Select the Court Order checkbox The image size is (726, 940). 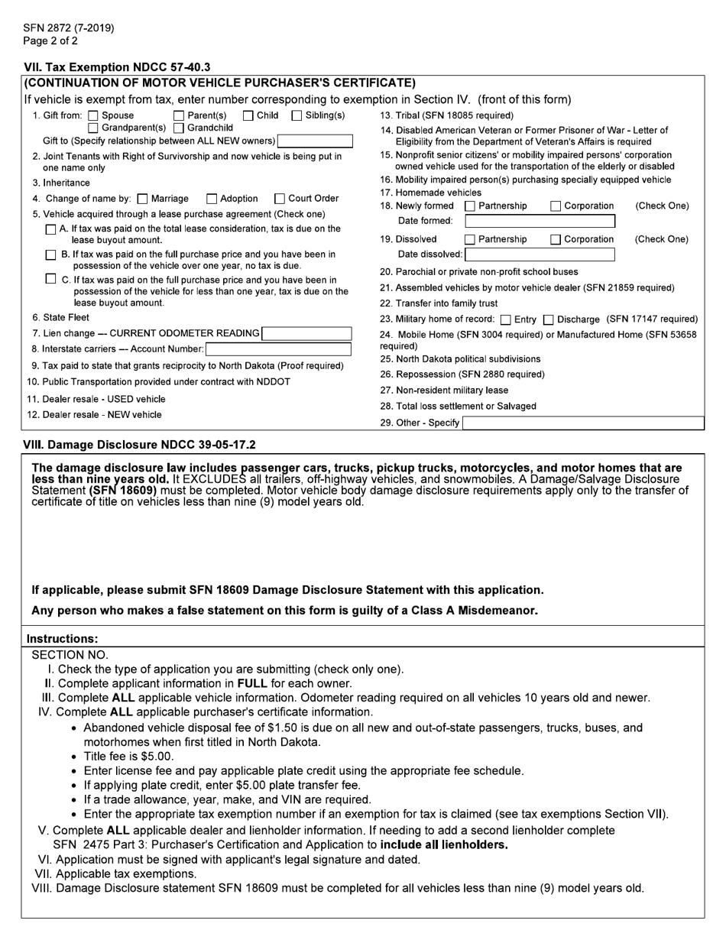(280, 199)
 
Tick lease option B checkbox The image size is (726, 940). (51, 254)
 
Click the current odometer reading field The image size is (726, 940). (306, 333)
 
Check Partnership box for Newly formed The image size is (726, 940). (471, 206)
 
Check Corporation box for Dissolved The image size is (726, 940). (556, 240)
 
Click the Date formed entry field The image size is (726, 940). (540, 222)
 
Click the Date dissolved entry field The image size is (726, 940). (540, 254)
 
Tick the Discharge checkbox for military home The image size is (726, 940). (548, 319)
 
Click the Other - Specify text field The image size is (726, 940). (582, 423)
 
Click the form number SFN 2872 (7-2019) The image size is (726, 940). (69, 28)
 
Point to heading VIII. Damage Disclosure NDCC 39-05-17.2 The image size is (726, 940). (140, 445)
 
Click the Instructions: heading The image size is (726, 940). (62, 638)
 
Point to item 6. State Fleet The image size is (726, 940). (60, 317)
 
